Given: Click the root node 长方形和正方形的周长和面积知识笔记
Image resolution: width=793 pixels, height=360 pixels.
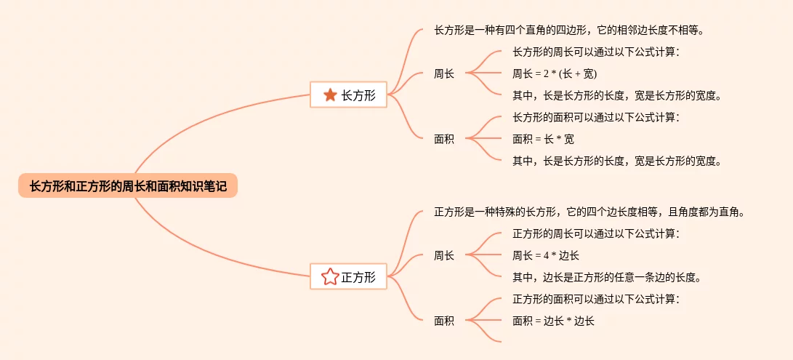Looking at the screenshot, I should [x=128, y=186].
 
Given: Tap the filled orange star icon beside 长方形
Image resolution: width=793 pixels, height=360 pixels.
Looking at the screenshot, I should [x=330, y=95].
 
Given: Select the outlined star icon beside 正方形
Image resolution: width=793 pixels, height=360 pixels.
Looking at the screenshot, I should [x=330, y=276].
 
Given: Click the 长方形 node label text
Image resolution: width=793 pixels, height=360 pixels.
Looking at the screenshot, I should [x=358, y=95].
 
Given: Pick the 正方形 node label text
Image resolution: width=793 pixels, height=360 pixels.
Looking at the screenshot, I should [x=358, y=276].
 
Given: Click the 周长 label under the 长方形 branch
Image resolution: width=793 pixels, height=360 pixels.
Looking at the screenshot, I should [x=443, y=73].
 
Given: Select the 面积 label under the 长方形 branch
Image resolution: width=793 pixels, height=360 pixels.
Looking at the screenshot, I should [x=443, y=139].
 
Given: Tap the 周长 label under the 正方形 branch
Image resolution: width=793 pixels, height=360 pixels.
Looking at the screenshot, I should [x=443, y=255].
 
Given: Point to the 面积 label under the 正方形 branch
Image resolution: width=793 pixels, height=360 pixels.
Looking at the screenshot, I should [x=443, y=321].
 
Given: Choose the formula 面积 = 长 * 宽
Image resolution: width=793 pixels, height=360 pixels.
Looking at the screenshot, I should [x=543, y=139].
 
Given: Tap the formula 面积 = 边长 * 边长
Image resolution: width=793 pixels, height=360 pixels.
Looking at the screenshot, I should [x=553, y=321].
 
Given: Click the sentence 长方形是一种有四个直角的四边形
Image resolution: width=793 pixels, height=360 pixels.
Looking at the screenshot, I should [x=569, y=31].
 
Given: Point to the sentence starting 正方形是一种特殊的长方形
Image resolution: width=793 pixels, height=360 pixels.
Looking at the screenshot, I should [x=589, y=212].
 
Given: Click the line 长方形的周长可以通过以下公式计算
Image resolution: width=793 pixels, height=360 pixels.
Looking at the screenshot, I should [x=596, y=52].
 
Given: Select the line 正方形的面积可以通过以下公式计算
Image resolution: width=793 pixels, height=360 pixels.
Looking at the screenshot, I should [x=596, y=299].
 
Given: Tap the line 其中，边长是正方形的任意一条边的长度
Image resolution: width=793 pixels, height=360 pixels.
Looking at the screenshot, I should [x=606, y=277].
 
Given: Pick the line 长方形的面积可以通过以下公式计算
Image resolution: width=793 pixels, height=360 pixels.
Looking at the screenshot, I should [x=596, y=117].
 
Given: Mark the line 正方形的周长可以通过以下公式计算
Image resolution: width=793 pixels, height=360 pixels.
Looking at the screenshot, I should [x=596, y=233].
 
